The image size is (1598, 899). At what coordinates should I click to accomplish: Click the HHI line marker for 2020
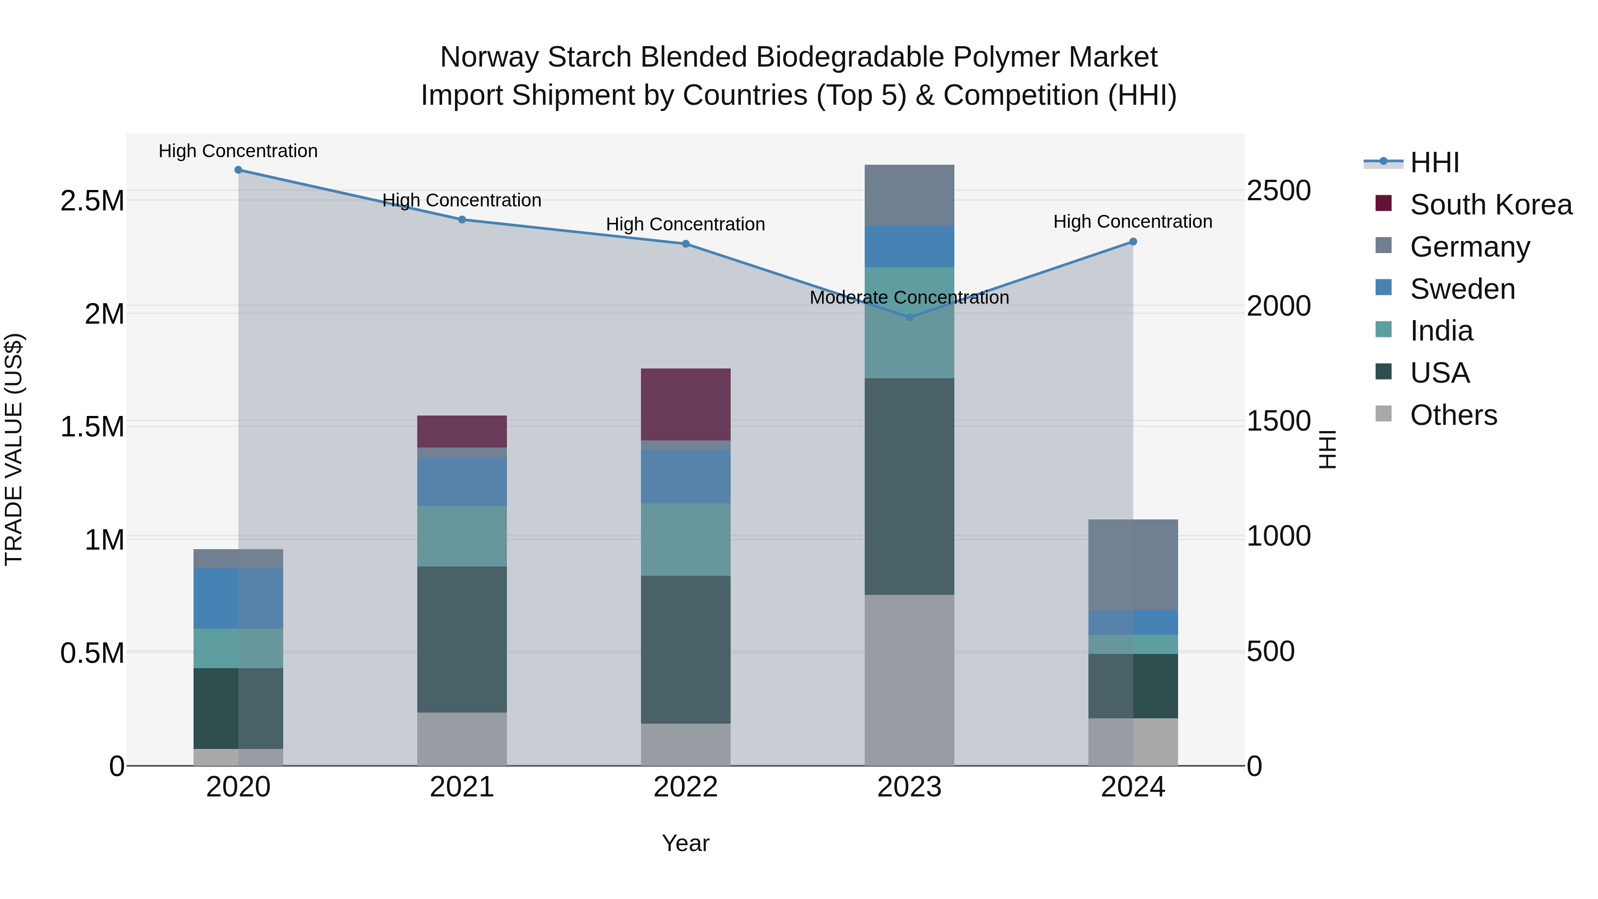238,170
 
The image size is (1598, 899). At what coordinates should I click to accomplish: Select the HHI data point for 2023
910,317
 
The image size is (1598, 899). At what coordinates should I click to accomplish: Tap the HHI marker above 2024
1133,242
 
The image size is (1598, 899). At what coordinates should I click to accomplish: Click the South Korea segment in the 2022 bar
685,404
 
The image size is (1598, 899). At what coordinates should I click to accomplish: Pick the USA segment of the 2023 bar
910,487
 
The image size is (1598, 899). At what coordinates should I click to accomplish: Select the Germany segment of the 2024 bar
1133,565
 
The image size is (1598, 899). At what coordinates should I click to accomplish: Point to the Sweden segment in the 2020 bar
238,599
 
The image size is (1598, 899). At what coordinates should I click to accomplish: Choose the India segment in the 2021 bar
462,536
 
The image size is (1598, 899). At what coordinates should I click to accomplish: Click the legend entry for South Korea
1491,205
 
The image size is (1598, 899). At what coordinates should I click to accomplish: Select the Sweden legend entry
1462,289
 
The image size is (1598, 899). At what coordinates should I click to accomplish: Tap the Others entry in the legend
1453,415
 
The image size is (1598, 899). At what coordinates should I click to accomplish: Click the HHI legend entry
1434,162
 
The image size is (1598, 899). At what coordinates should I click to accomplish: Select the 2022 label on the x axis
685,787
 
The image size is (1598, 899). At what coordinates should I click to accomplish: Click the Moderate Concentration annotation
910,298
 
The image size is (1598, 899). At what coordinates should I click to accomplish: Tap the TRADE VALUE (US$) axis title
14,449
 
